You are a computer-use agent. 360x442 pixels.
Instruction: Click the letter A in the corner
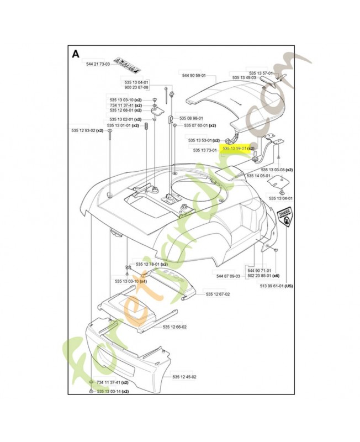coord(76,54)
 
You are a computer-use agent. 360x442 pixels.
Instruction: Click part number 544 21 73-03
coord(98,64)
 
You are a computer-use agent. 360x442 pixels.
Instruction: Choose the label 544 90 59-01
coord(193,75)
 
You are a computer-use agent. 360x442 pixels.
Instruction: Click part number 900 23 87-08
coord(136,87)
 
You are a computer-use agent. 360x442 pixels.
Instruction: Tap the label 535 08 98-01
coord(190,118)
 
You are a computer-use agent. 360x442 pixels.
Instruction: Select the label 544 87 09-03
coord(228,275)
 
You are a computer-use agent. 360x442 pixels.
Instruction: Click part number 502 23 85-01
coord(264,275)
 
